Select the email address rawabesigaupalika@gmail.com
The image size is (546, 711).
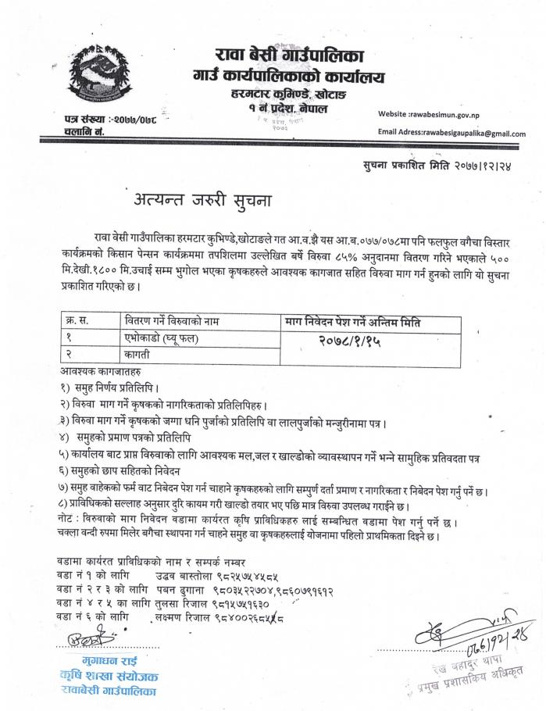coord(451,134)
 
